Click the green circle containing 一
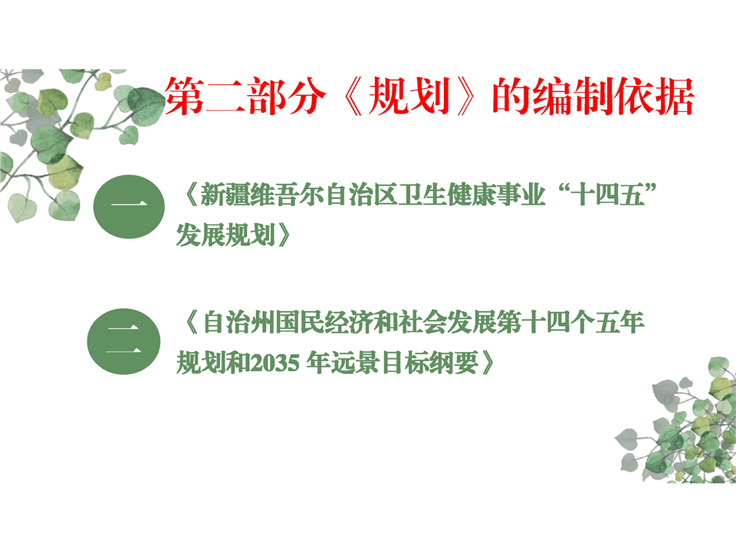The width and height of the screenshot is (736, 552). (129, 206)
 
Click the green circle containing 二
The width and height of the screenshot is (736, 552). (123, 341)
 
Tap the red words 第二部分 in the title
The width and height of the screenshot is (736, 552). (245, 97)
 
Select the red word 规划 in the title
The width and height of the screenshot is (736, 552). (409, 97)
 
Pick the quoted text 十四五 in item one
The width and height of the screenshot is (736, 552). (607, 195)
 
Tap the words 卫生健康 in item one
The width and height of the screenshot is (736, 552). (446, 195)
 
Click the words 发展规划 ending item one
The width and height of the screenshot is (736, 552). (225, 235)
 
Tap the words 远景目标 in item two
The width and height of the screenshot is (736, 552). (379, 363)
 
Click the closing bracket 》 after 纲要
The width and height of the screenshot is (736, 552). (488, 363)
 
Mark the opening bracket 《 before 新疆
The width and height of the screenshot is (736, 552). (192, 195)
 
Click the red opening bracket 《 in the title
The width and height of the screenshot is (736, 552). (353, 97)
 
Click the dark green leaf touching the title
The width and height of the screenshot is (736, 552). (147, 105)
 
